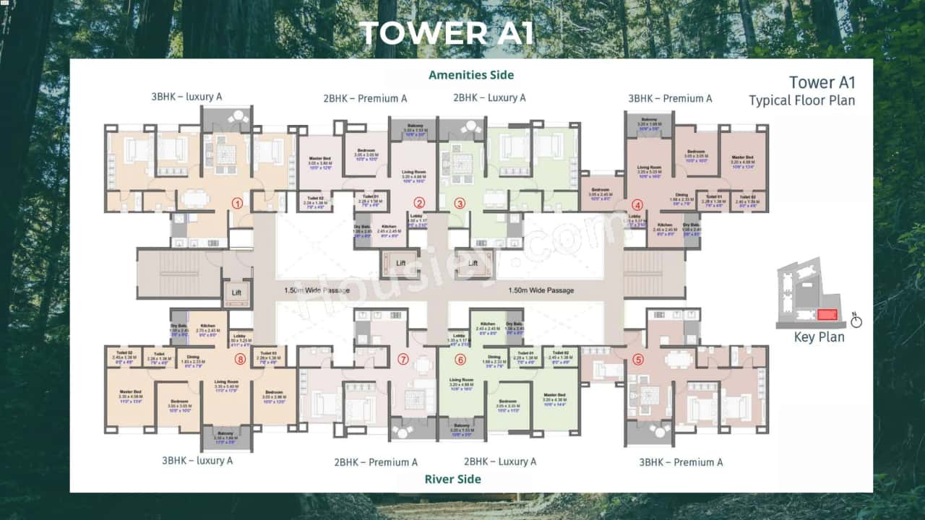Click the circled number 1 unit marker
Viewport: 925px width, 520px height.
236,203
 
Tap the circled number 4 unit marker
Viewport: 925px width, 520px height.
637,204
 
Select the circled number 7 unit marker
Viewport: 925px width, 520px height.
403,359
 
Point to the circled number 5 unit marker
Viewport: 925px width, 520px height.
637,359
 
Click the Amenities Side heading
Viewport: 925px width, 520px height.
471,75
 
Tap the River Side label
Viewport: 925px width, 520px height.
453,479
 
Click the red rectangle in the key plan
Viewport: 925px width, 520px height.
827,315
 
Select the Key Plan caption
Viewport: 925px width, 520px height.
819,337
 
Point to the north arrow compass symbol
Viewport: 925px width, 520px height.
856,318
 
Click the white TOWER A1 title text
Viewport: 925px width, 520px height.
447,33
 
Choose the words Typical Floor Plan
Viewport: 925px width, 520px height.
801,100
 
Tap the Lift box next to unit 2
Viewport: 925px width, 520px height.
400,263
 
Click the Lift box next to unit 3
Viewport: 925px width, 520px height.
473,263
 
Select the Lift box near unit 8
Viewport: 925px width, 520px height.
236,292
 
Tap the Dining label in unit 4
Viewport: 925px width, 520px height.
681,194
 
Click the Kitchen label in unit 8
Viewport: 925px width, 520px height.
208,326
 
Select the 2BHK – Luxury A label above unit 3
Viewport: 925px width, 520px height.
489,97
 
